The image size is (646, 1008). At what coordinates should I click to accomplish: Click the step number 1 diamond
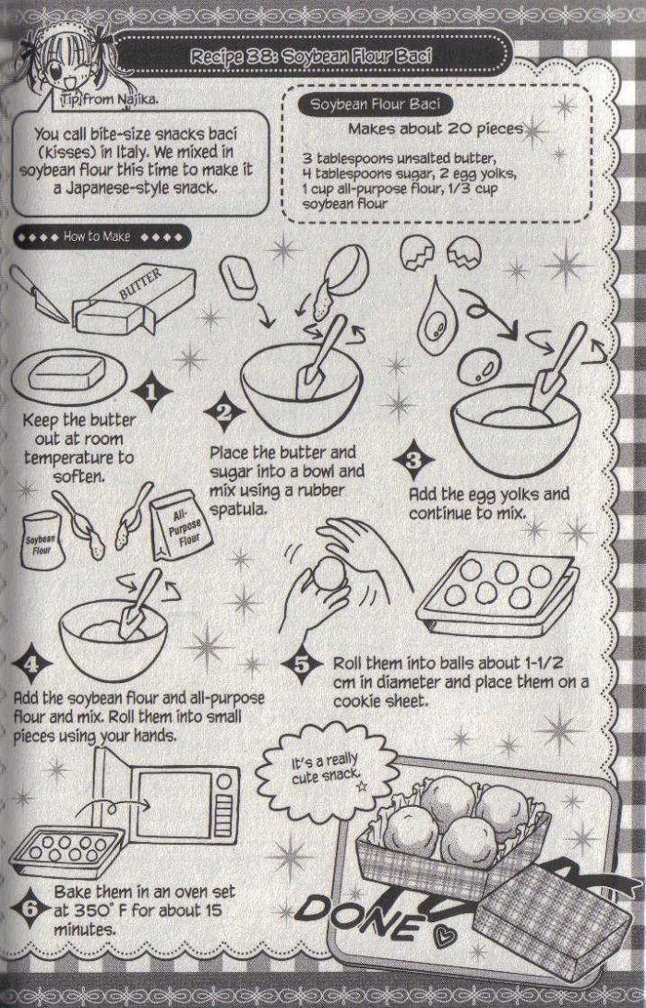coord(151,390)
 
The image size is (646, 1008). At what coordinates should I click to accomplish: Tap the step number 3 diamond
coord(414,460)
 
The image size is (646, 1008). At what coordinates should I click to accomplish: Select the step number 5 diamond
coord(302,664)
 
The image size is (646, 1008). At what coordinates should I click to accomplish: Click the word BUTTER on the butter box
coord(141,283)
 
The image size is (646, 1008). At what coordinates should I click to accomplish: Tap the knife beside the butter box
coord(40,294)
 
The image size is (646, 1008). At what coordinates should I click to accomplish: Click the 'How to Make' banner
coord(102,237)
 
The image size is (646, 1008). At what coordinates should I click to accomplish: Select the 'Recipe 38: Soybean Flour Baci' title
coord(311,56)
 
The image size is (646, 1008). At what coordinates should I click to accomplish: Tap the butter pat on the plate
coord(66,374)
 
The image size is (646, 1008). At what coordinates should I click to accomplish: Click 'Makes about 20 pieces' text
coord(436,128)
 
